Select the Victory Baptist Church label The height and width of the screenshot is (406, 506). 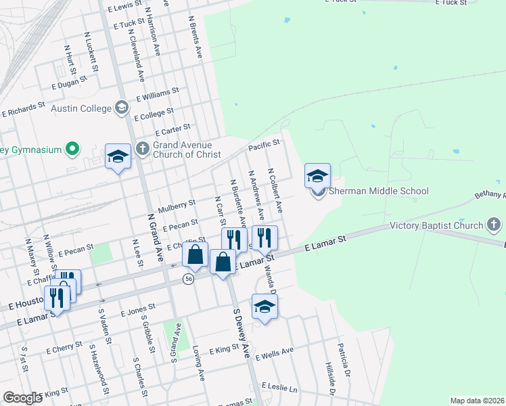coord(437,225)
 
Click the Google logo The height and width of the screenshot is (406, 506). coord(22,398)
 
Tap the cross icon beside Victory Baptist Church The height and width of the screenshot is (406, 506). coord(495,225)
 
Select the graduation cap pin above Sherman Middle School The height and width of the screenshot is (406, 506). coord(317,176)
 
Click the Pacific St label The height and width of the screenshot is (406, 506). coord(264,145)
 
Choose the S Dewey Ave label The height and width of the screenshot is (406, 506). coord(241,334)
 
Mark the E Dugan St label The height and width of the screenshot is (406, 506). coord(70,83)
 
